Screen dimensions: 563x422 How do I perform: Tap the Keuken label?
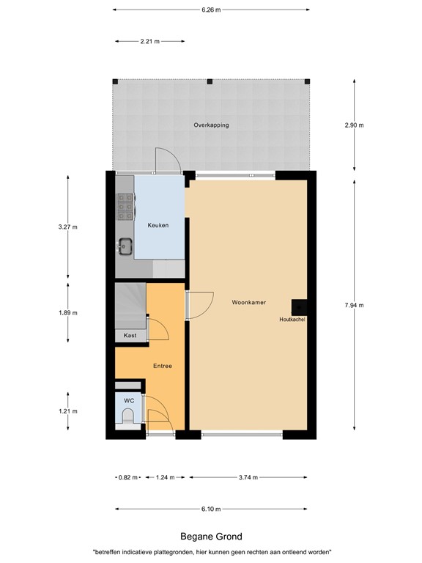tap(158, 225)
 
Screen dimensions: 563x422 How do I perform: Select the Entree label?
tap(163, 366)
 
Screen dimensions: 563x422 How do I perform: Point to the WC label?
tap(128, 401)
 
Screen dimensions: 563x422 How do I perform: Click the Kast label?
tap(130, 335)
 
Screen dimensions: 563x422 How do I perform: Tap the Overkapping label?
tap(211, 125)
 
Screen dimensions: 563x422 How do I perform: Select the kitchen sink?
tap(125, 246)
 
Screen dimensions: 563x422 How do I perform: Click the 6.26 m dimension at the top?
tap(211, 10)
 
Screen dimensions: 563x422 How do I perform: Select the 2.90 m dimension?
tap(355, 125)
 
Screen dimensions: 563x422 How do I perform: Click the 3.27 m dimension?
tap(67, 227)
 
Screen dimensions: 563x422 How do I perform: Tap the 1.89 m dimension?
tap(67, 312)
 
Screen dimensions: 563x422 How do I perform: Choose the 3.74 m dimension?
tap(248, 477)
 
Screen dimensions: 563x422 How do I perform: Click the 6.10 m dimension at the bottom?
tap(211, 509)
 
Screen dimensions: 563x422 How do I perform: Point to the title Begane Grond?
tap(211, 537)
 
